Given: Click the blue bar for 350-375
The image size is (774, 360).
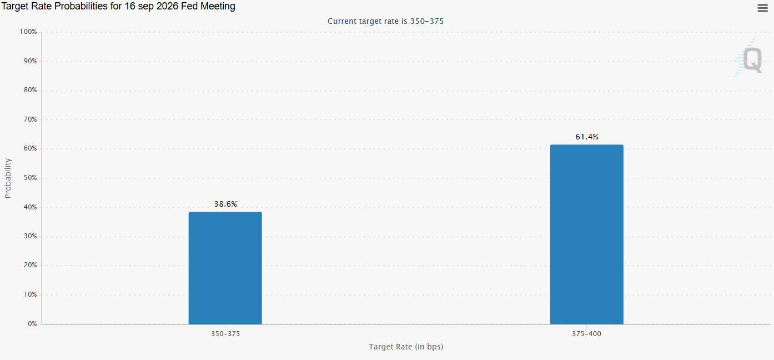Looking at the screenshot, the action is click(x=225, y=268).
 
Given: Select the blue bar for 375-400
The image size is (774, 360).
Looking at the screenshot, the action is click(x=587, y=234).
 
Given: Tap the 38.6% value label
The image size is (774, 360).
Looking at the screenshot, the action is click(x=225, y=204).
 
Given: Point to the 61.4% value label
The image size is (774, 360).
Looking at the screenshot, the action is click(x=587, y=137).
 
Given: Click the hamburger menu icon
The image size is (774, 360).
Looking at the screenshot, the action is click(x=762, y=8).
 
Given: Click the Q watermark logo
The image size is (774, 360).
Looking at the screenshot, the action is click(x=749, y=59).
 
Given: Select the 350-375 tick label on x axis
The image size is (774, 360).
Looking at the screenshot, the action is click(x=225, y=334).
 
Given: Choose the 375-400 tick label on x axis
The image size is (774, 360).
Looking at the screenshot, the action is click(x=586, y=334).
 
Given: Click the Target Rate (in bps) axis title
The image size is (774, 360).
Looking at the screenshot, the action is click(x=406, y=347).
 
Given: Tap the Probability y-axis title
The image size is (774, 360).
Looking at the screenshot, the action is click(x=8, y=178).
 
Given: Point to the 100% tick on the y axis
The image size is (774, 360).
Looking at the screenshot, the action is click(x=28, y=32).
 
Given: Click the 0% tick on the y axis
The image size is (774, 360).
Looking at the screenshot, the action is click(x=32, y=324).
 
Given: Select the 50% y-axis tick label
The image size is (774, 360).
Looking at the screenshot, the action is click(x=30, y=178).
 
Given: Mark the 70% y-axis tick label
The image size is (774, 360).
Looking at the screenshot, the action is click(x=30, y=119).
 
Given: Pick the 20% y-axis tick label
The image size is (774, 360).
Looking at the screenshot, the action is click(x=30, y=265).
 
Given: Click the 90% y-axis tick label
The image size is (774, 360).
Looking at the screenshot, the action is click(x=30, y=61).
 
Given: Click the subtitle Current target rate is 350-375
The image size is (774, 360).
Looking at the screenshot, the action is click(x=385, y=21).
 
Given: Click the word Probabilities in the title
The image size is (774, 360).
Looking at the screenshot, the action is click(x=81, y=6).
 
